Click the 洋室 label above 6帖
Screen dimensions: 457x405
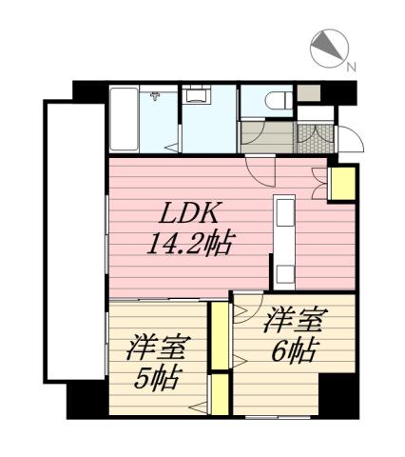coord(292,319)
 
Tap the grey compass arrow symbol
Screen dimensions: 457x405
coord(325,48)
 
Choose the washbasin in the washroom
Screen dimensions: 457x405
coord(197,95)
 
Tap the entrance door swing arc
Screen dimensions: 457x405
coord(352,139)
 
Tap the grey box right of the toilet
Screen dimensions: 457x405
coord(308,95)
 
